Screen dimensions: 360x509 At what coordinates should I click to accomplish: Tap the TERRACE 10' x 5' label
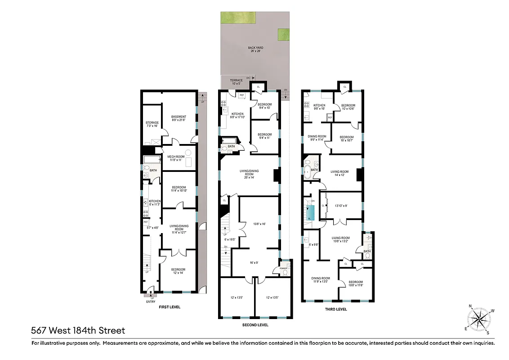point(237,82)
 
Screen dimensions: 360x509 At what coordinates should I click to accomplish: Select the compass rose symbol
point(480,319)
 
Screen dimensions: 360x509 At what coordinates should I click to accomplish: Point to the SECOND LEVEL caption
point(255,324)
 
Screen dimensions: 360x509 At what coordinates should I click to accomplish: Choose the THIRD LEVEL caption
point(335,309)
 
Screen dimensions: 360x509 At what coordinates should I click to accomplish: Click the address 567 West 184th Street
point(78,331)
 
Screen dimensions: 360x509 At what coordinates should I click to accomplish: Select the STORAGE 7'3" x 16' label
point(152,124)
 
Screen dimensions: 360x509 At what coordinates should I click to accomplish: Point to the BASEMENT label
point(179,119)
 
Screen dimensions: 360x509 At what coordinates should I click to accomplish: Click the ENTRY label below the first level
point(151,301)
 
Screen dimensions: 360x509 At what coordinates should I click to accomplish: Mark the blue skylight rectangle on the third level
point(310,211)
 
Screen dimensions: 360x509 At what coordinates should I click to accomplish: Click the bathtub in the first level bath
point(149,159)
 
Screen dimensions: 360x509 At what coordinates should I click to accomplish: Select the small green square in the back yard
point(283,34)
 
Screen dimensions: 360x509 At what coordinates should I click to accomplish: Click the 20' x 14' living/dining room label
point(246,175)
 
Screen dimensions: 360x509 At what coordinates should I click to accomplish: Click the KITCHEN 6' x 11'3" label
point(155,203)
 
